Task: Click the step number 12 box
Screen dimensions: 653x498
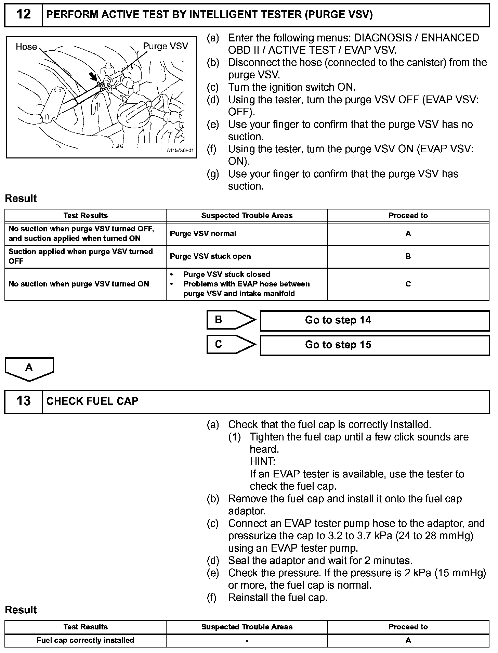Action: tap(23, 15)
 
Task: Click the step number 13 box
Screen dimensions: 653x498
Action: tap(23, 401)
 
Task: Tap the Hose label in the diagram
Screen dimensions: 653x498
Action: tap(26, 47)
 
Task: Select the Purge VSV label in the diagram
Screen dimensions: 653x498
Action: tap(166, 46)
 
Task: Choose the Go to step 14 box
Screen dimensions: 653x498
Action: tap(375, 320)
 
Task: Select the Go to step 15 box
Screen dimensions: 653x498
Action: tap(375, 345)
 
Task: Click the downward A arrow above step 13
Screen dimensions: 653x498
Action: tap(29, 369)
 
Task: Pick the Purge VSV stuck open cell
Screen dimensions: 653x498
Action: tap(247, 257)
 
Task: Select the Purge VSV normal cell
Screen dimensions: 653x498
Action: tap(247, 234)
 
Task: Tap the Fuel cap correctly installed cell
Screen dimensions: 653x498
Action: tap(85, 640)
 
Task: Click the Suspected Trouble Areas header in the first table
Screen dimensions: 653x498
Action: tap(247, 216)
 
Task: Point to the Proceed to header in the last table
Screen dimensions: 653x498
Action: tap(408, 627)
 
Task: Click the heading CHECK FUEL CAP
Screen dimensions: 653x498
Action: tap(92, 401)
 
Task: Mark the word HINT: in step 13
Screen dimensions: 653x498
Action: tap(262, 462)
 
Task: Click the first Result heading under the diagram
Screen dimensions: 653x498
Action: tap(21, 199)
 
